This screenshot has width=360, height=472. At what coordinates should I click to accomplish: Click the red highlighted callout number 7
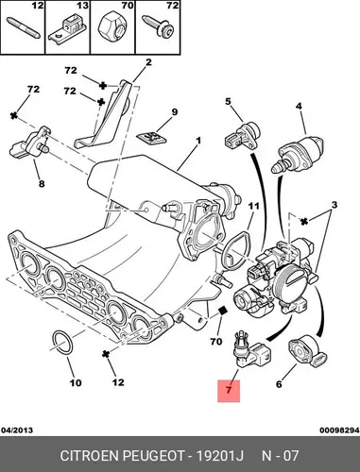pyautogui.click(x=229, y=391)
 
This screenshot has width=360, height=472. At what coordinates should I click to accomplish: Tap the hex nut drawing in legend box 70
pyautogui.click(x=112, y=28)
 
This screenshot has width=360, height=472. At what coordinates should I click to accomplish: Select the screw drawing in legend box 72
pyautogui.click(x=158, y=26)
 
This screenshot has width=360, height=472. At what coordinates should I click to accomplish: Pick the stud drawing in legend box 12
pyautogui.click(x=24, y=28)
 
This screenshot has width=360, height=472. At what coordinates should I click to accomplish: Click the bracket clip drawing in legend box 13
pyautogui.click(x=68, y=28)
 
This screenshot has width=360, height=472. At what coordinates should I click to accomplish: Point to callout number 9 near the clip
pyautogui.click(x=174, y=111)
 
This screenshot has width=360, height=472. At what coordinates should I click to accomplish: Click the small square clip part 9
pyautogui.click(x=151, y=138)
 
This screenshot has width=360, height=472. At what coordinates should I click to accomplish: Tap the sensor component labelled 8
pyautogui.click(x=29, y=144)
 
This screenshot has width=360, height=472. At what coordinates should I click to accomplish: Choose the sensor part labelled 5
pyautogui.click(x=243, y=136)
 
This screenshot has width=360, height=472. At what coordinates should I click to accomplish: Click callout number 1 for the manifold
pyautogui.click(x=198, y=141)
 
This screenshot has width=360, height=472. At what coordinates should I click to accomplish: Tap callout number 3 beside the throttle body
pyautogui.click(x=334, y=205)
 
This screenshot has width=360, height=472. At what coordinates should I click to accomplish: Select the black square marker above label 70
pyautogui.click(x=223, y=310)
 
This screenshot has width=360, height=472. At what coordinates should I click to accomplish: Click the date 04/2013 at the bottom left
pyautogui.click(x=17, y=430)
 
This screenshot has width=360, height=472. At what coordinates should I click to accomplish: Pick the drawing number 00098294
pyautogui.click(x=339, y=430)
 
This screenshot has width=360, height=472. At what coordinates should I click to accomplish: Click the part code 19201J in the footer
pyautogui.click(x=220, y=455)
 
